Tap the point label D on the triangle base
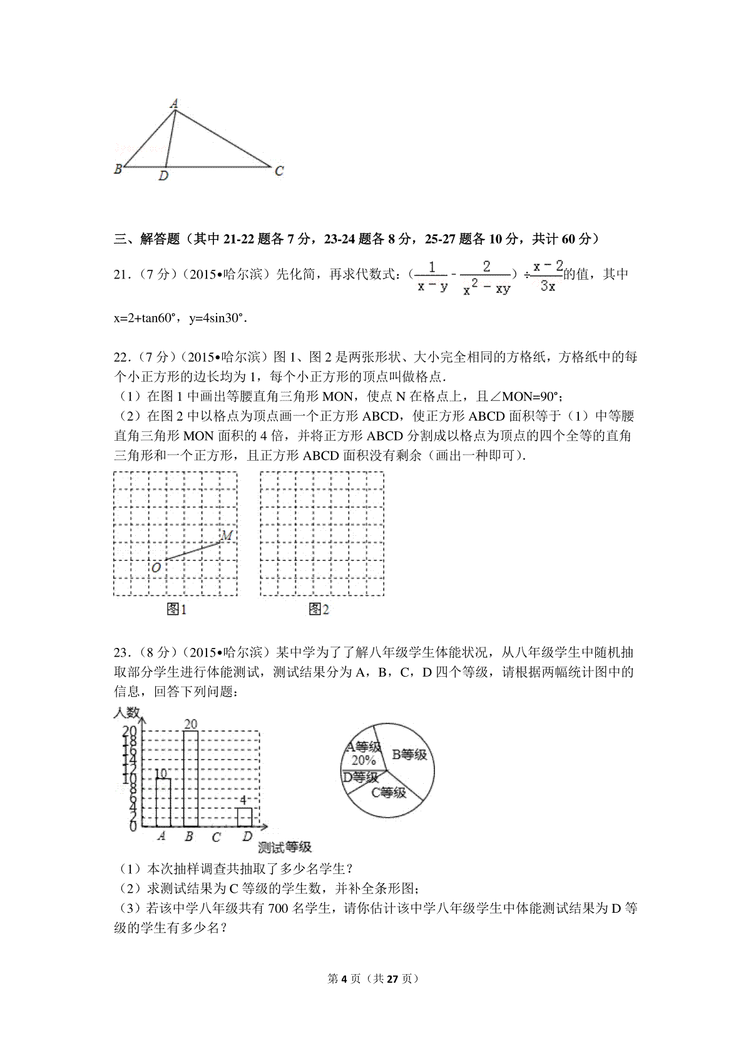[x=163, y=177]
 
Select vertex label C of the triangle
[x=280, y=170]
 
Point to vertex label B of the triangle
[x=118, y=168]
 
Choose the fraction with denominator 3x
[x=548, y=276]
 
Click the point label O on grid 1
[x=156, y=567]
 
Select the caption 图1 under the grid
[x=176, y=609]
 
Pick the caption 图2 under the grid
[x=319, y=609]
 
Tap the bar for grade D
[x=245, y=817]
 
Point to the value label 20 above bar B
[x=190, y=724]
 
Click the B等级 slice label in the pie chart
[x=409, y=754]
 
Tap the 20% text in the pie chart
[x=364, y=761]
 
